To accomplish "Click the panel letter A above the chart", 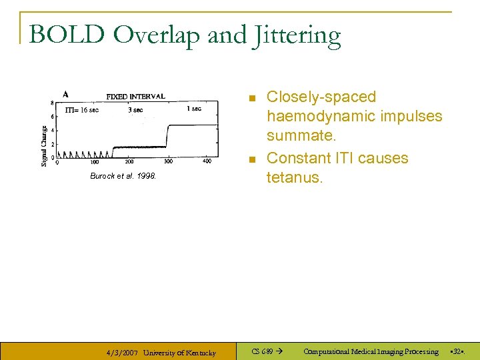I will coord(65,94).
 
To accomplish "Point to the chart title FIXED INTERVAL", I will coord(136,96).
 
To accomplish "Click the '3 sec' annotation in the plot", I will coord(135,109).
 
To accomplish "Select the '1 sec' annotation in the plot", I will coord(194,108).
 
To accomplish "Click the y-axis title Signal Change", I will coord(45,146).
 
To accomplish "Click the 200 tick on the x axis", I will coord(129,161).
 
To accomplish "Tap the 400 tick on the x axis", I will coord(207,161).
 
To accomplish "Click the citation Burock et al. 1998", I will coord(123,176).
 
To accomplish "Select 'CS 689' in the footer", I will coord(262,351).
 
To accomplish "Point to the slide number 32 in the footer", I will coord(457,351).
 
